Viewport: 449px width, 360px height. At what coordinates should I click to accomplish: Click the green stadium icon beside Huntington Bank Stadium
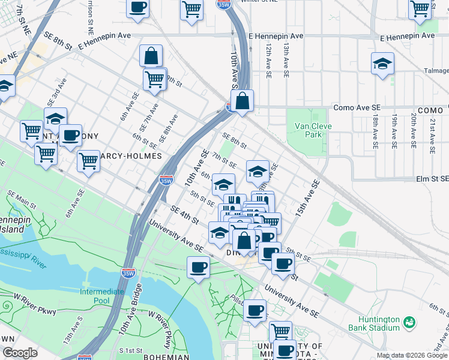(x=411, y=323)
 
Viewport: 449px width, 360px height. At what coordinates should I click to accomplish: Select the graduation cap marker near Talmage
(x=382, y=64)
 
